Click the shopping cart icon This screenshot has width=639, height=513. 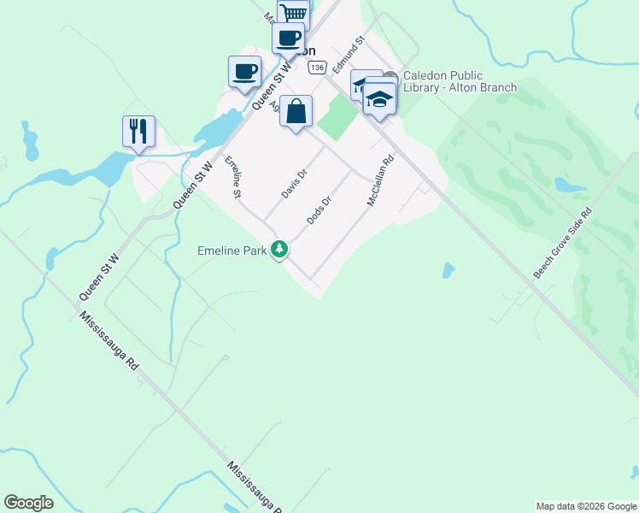coord(294,12)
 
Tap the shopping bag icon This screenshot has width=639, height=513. coord(296,111)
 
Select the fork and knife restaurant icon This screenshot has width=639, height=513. coord(138,131)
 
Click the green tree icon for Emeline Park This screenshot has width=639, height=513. coord(278,250)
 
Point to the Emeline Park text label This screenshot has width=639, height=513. coord(232,251)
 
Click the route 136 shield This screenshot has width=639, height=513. coord(318,67)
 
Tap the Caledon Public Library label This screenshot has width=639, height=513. coord(460,81)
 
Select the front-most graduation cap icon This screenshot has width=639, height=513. coord(379,99)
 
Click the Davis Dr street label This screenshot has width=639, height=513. coord(295,183)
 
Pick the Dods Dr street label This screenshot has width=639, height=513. coord(319,210)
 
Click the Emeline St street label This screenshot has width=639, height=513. coord(232,178)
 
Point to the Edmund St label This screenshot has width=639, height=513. coord(349,53)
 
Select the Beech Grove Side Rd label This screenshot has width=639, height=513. coord(563,243)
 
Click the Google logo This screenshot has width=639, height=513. coord(28,503)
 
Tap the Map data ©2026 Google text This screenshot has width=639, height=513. coord(586,506)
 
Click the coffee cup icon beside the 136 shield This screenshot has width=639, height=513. coord(288,38)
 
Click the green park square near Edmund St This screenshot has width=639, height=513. coord(340,116)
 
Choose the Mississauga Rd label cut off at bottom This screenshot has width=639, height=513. coord(255,487)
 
